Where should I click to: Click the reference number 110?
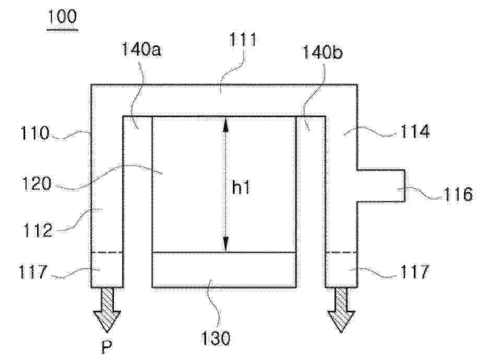[34, 133]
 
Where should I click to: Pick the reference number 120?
[37, 184]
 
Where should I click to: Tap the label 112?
[38, 230]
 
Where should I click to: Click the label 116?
[458, 195]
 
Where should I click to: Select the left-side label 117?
[33, 272]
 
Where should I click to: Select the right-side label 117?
[414, 272]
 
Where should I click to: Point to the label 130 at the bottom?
[216, 338]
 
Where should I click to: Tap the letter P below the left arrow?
[107, 347]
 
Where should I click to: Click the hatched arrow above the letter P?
[107, 310]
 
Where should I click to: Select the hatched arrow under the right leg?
[341, 310]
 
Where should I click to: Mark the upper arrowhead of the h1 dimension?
[226, 124]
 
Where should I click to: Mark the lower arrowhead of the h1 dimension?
[226, 244]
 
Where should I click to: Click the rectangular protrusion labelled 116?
[381, 186]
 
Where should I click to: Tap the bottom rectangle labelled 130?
[224, 270]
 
